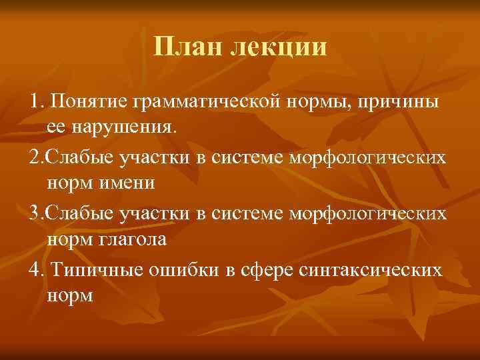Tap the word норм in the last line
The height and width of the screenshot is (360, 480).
pos(71,295)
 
